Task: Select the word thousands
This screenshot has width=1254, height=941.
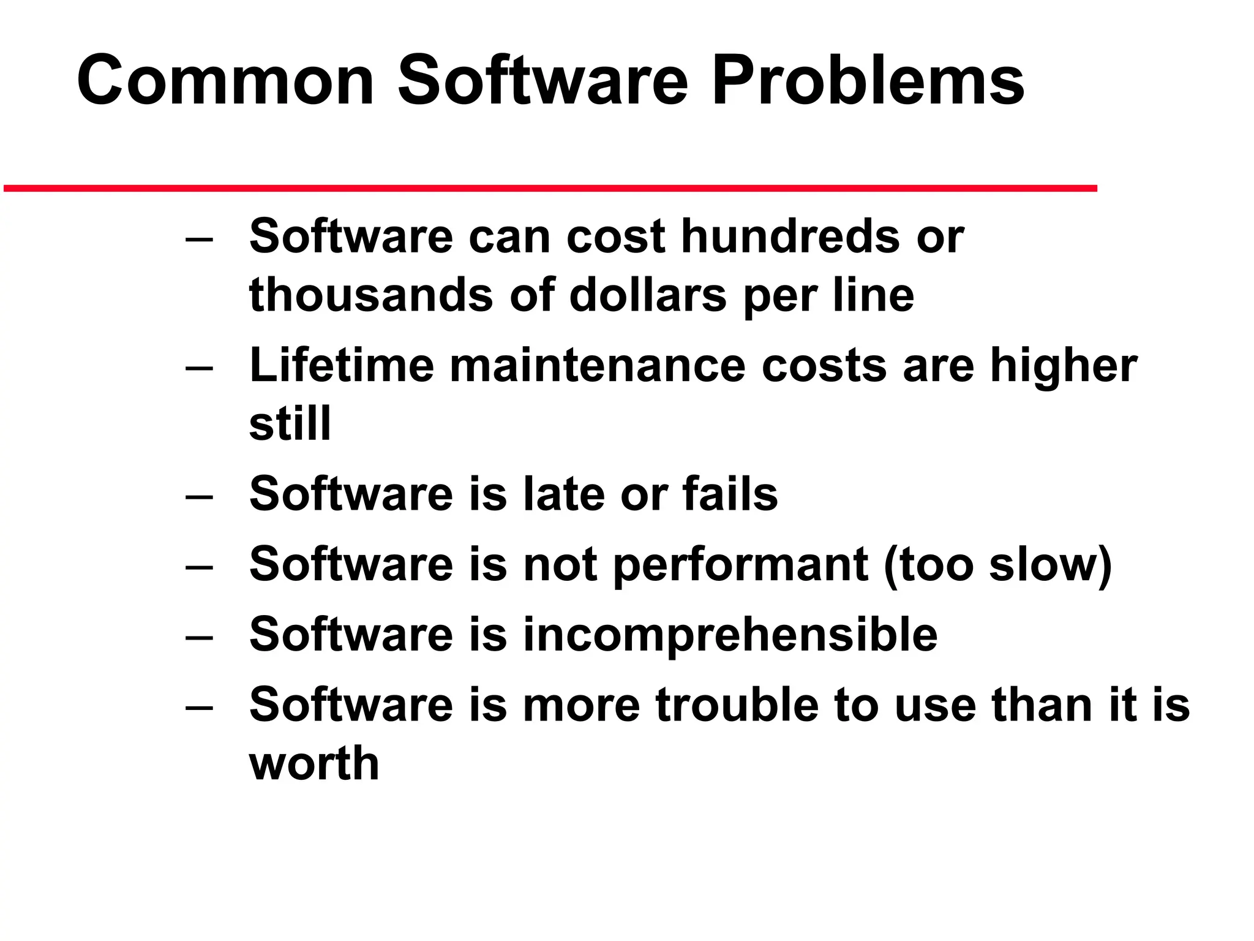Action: (371, 295)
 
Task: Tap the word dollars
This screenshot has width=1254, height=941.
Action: (648, 295)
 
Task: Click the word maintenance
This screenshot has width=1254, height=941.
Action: (598, 365)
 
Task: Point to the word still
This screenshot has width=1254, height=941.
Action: (290, 423)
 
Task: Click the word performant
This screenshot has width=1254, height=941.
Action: (740, 564)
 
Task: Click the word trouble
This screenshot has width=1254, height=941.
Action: (737, 705)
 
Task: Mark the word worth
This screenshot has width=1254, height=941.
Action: (314, 763)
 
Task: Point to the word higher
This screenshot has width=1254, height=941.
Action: (1064, 366)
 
